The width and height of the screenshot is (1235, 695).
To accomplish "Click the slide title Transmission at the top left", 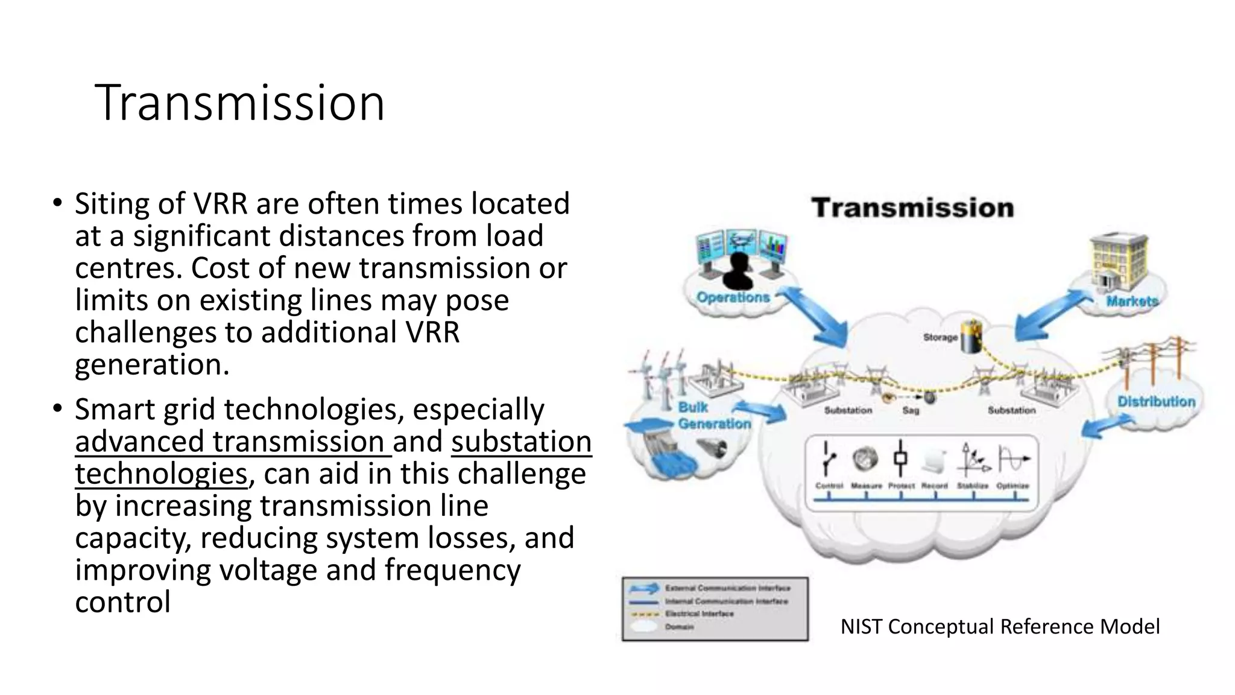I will (239, 103).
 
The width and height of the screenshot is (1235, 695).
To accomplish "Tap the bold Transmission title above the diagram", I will (912, 208).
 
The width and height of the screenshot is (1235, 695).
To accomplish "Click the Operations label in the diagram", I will (733, 297).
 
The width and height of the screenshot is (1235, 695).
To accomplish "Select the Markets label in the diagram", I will (1132, 301).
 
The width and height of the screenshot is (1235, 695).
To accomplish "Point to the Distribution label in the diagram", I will (1156, 402).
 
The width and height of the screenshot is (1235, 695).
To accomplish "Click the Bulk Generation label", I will (714, 416).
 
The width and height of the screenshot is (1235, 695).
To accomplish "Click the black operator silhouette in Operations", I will (738, 271).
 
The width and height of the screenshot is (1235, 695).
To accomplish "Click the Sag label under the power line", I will (911, 410).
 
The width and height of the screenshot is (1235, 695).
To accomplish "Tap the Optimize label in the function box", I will (1012, 486).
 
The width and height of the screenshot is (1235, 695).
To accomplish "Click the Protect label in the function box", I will (901, 486).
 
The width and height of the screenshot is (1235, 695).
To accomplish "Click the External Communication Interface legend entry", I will (727, 588).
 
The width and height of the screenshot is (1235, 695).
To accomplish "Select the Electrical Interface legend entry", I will (700, 614).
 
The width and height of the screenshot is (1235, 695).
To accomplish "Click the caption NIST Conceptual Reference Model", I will (1000, 627).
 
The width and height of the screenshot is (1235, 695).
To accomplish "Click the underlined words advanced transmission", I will (230, 442).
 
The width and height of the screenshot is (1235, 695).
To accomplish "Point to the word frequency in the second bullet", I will (452, 570).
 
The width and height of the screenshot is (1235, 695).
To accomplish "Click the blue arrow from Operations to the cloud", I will (814, 320).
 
